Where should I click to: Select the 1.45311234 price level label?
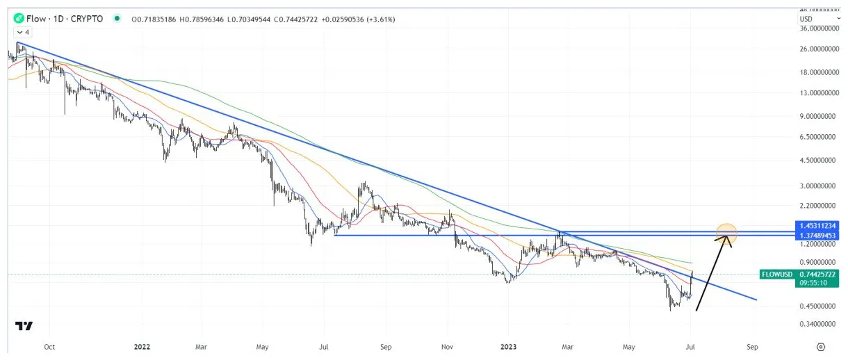click(x=817, y=226)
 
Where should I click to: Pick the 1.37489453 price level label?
click(x=817, y=236)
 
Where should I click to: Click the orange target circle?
click(x=726, y=234)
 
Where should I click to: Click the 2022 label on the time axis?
click(x=142, y=345)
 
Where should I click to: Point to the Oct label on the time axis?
click(x=49, y=345)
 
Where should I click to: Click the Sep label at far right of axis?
click(x=751, y=345)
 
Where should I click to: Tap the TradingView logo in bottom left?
click(x=24, y=326)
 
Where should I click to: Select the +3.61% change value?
click(x=376, y=19)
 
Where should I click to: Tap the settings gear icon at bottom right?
click(x=821, y=345)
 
